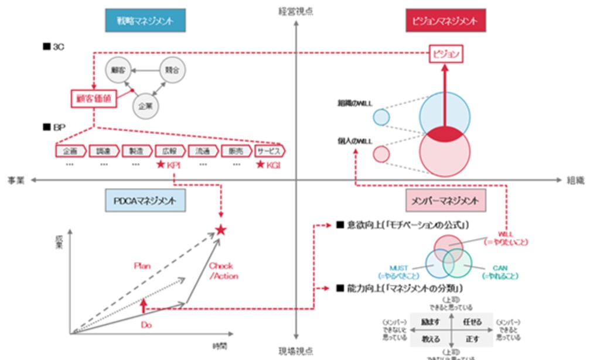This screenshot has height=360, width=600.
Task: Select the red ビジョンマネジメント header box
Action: (446, 21)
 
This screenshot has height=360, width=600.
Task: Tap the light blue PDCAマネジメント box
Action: (146, 201)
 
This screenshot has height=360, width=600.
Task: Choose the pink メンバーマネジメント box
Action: (446, 201)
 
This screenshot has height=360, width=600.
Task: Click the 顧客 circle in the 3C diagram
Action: (118, 70)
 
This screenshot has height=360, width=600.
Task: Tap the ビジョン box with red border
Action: (446, 55)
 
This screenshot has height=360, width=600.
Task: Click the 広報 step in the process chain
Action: (170, 151)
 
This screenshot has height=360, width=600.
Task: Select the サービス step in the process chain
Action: (270, 151)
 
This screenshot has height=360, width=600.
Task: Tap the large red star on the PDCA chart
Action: (220, 230)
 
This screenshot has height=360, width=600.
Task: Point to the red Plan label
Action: (142, 266)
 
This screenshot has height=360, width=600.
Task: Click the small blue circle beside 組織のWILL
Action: (381, 117)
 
